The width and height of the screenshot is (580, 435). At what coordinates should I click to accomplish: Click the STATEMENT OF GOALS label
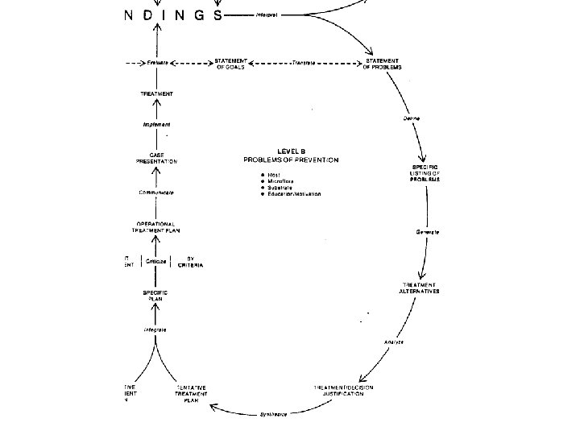230,64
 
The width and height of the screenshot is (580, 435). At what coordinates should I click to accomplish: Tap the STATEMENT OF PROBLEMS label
381,64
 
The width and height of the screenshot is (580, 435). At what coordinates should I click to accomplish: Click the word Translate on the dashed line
304,63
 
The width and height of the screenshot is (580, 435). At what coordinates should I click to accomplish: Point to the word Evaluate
157,63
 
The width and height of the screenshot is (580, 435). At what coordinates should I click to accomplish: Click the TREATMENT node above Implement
157,94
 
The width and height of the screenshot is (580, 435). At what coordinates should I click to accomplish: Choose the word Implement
157,125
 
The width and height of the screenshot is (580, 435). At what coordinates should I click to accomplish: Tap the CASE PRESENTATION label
157,158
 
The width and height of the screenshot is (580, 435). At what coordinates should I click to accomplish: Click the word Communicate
157,193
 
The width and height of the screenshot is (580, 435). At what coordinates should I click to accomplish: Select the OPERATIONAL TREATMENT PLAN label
157,226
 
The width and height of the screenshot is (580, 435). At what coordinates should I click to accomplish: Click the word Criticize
157,261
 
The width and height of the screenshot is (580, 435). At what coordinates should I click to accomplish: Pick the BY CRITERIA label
190,261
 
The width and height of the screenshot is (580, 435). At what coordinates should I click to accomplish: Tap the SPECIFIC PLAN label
157,296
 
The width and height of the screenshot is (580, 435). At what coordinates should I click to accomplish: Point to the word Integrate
156,329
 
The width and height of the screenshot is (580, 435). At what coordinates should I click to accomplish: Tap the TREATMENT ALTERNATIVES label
420,288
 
